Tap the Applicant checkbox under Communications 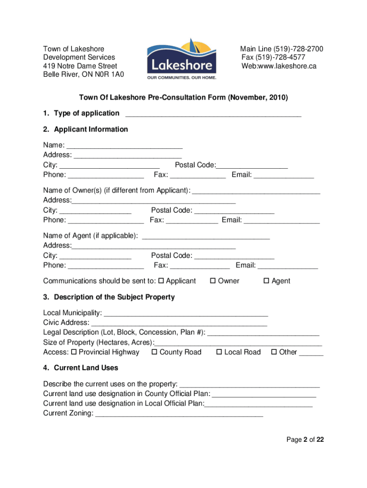click(161, 281)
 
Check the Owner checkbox click(213, 281)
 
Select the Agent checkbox click(266, 281)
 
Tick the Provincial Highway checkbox click(74, 352)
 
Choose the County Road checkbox click(154, 352)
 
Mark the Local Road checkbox click(219, 352)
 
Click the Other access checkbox click(274, 352)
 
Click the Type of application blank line click(213, 114)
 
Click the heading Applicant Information click(91, 129)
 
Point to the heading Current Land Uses click(86, 368)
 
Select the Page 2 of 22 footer click(305, 440)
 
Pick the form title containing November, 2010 click(183, 98)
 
